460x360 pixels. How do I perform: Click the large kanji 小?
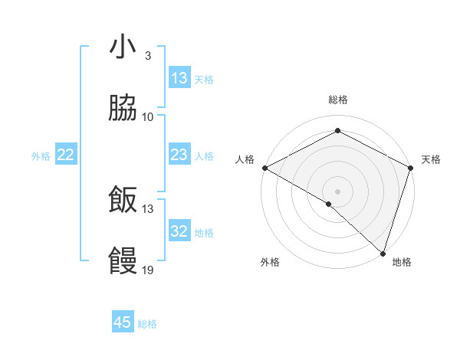pos(123,47)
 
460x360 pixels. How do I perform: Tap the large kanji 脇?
pos(123,110)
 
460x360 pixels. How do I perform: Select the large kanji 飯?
pos(123,201)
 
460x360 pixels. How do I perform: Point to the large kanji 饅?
pos(123,262)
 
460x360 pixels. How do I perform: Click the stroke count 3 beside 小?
pos(147,55)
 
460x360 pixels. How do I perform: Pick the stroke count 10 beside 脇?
pos(148,117)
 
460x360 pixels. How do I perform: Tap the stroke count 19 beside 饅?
pos(148,270)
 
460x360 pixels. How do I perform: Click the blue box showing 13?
pos(179,78)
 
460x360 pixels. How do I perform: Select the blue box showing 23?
pos(179,155)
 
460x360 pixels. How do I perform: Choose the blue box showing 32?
pos(179,231)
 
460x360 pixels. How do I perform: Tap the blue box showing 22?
pos(66,155)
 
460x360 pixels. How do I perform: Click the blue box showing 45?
pos(123,322)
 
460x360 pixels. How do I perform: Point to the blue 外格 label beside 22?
pos(41,156)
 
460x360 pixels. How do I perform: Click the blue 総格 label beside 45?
pos(147,324)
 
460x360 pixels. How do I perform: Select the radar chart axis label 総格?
pos(338,100)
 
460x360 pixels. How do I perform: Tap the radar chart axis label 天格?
pos(431,159)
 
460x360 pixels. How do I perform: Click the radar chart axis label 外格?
pos(270,262)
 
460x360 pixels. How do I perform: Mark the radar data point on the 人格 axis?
pos(264,168)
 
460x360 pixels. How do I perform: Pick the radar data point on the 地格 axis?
pos(383,253)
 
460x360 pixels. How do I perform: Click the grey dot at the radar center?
pos(338,191)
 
